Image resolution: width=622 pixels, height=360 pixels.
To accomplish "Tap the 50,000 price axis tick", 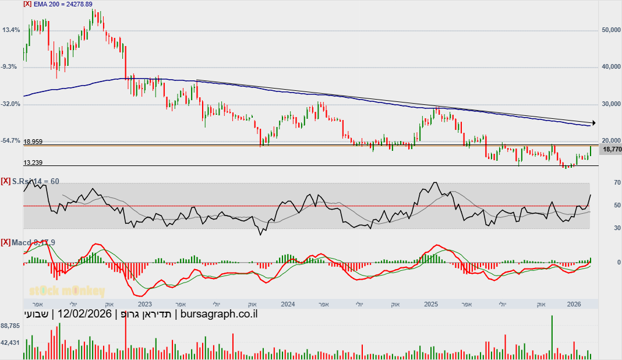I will pos(610,30).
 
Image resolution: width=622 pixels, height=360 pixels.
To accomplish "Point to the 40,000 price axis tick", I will pos(610,67).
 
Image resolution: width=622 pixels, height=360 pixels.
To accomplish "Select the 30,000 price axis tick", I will pos(610,104).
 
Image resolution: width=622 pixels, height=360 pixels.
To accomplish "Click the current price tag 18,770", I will pos(612,150).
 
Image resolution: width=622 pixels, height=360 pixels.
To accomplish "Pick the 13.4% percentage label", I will pos(12,30).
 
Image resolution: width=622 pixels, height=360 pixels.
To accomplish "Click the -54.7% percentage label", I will pos(11,141).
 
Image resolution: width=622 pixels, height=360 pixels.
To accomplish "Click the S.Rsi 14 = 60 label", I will pos(36,182).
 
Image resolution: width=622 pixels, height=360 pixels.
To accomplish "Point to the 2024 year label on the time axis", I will pos(287,304).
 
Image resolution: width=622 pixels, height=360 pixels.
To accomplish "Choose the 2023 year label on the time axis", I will pos(144,304).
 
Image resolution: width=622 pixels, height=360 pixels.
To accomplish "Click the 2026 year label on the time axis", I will pos(574,304).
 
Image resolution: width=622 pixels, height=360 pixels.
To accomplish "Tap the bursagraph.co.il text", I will pos(219,315).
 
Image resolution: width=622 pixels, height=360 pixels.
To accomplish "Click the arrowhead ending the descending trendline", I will pos(593,123).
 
